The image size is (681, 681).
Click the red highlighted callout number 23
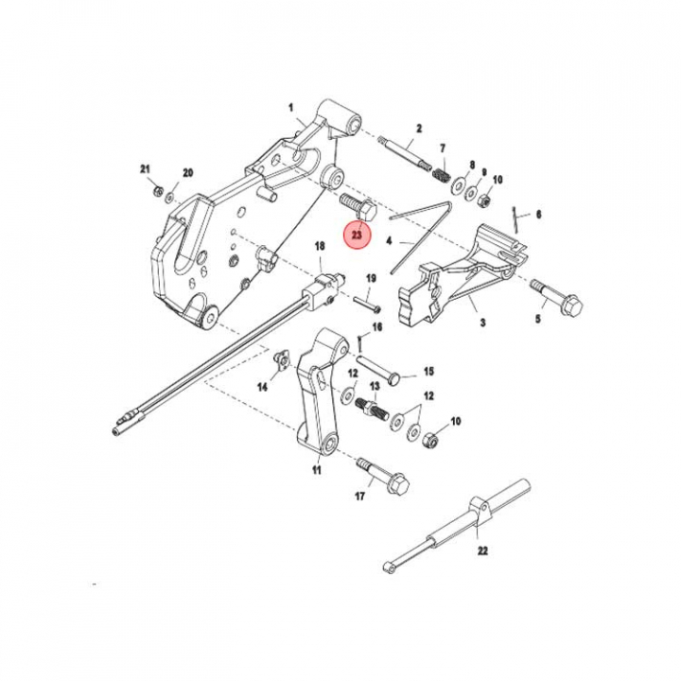pos(357,235)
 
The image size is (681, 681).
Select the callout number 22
pos(482,550)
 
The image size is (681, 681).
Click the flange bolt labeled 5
pos(556,297)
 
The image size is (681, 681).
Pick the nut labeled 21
pos(159,191)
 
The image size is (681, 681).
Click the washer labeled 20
pos(170,198)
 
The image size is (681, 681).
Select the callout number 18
pos(320,247)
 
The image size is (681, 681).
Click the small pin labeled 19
pos(367,304)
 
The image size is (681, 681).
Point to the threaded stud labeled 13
pos(373,409)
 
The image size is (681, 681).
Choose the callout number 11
pos(317,470)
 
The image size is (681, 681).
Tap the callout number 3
pos(482,323)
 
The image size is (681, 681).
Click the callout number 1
pos(291,107)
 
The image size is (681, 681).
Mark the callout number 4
pos(389,240)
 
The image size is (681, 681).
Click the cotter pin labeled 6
pos(515,219)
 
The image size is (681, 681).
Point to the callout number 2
pos(419,129)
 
